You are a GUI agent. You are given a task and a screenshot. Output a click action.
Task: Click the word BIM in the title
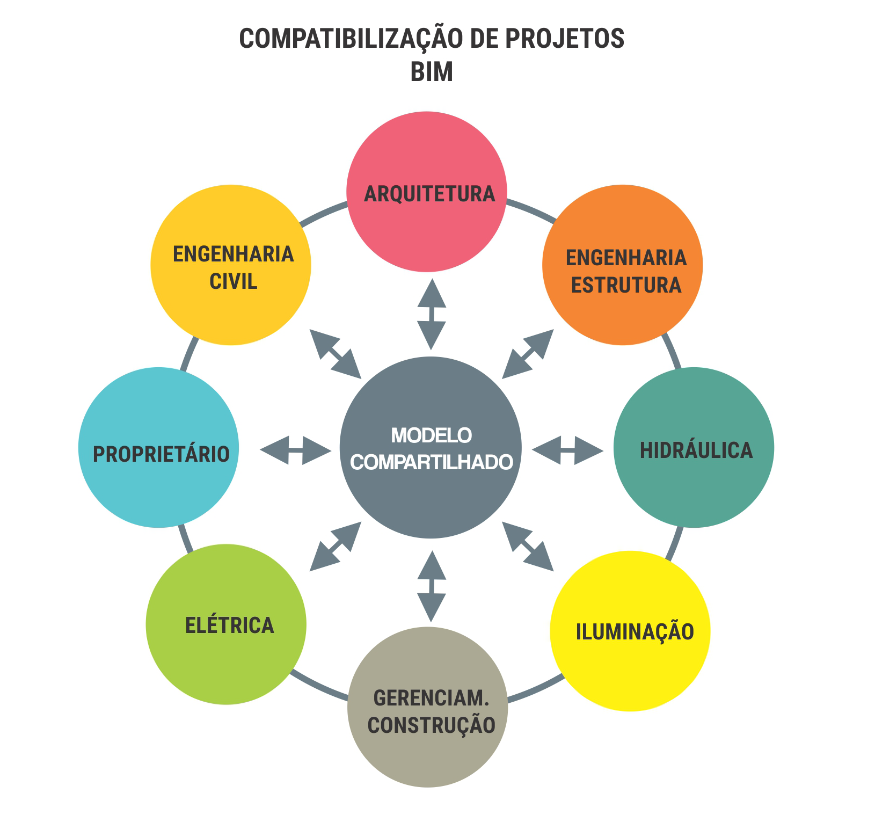[432, 71]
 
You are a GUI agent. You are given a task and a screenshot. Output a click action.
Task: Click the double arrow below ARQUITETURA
[431, 315]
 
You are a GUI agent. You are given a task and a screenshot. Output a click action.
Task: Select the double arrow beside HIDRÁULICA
[567, 450]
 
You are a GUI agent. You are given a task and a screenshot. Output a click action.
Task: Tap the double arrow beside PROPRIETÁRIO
[296, 450]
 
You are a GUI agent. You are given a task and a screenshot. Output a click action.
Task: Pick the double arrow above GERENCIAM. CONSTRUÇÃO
[431, 586]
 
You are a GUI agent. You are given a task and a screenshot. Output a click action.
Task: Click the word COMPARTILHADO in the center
[431, 462]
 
